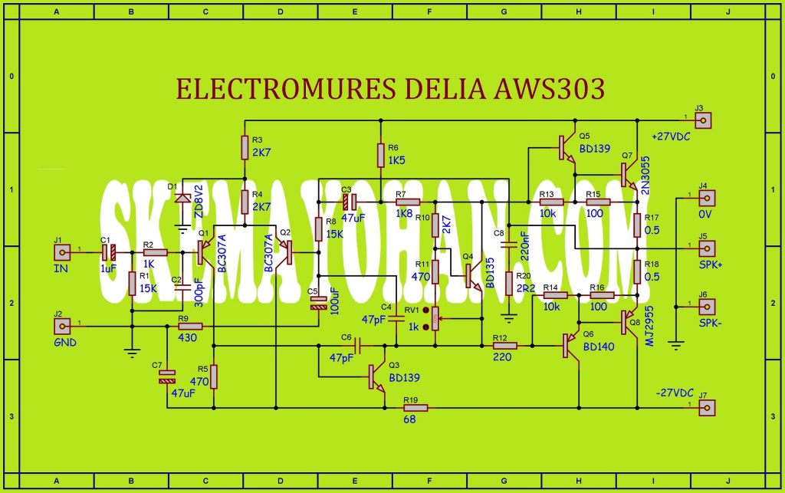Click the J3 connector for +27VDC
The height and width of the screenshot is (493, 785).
(x=705, y=120)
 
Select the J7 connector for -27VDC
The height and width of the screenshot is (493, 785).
(x=705, y=407)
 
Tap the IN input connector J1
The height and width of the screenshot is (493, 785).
(x=66, y=251)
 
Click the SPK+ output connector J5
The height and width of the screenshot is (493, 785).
(x=705, y=248)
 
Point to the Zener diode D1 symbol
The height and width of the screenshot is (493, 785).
(x=182, y=198)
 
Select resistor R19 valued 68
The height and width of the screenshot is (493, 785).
(x=415, y=407)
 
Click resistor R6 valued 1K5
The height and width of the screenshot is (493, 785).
(x=380, y=155)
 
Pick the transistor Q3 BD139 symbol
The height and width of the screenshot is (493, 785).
(x=376, y=376)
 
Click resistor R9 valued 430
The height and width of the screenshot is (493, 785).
(x=190, y=327)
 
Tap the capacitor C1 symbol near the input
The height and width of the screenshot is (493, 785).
(x=109, y=251)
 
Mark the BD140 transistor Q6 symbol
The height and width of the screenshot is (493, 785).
(x=570, y=346)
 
